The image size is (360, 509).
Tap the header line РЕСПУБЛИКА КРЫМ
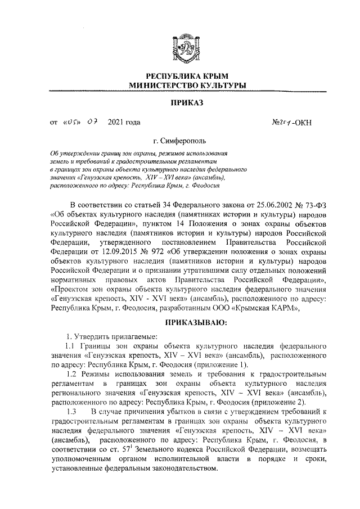[x=187, y=76]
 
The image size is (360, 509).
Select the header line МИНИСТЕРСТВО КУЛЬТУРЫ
[x=187, y=85]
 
